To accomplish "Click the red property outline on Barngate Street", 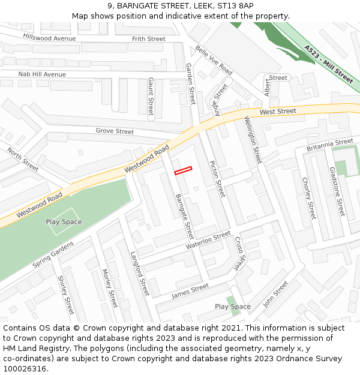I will click(183, 171).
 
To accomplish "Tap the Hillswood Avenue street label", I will click(50, 38).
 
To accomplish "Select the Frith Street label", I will click(148, 39).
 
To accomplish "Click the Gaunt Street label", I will click(151, 97).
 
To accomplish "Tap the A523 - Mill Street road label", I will click(328, 64).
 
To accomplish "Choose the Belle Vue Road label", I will click(214, 61).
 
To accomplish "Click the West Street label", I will click(278, 112).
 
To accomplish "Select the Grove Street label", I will click(115, 131).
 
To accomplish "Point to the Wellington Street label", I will click(253, 140).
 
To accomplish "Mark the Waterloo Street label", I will click(208, 240).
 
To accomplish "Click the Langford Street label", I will click(139, 273).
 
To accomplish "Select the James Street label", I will click(190, 291).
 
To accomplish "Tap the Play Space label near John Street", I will click(233, 307).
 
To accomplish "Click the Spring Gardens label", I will click(53, 254).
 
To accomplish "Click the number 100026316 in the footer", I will click(25, 368).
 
